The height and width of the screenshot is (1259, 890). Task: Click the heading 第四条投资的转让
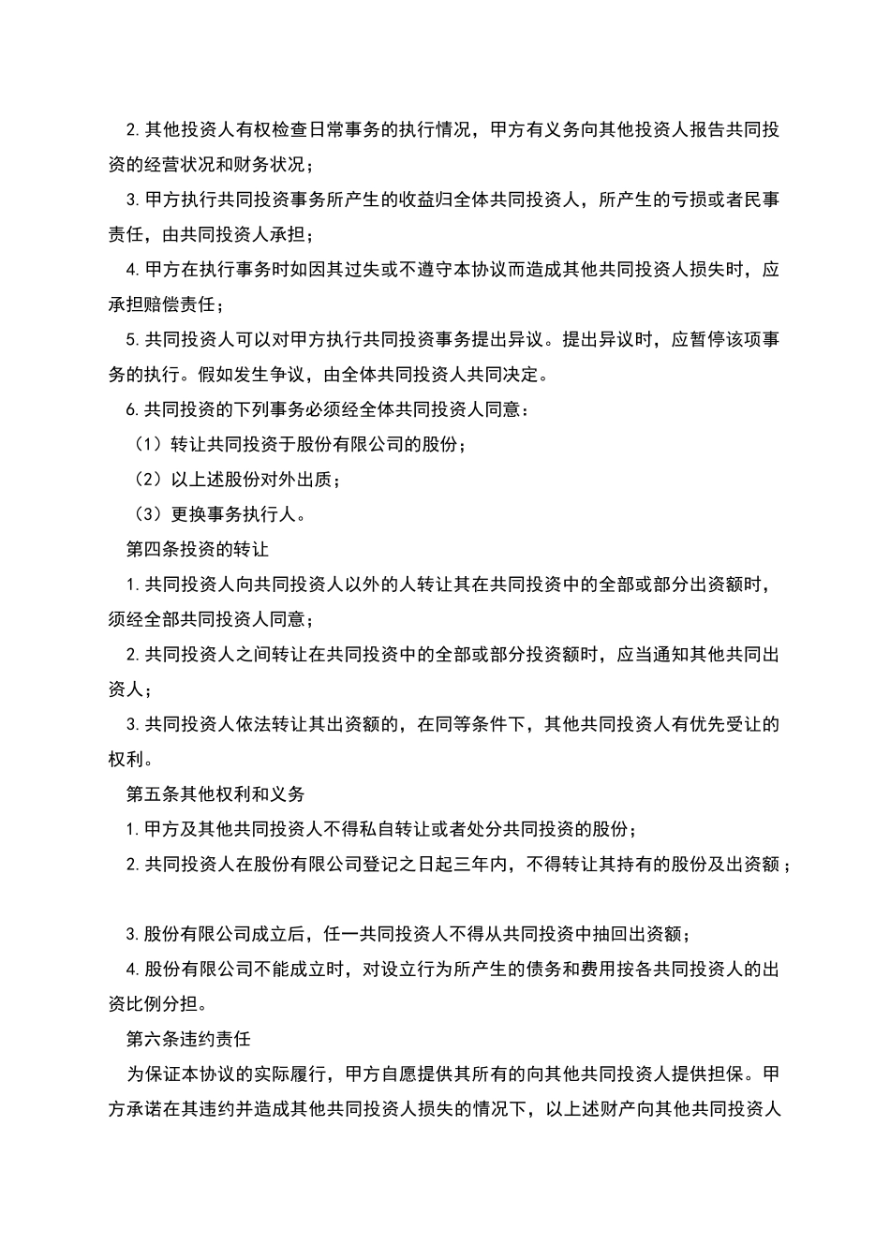[x=198, y=549]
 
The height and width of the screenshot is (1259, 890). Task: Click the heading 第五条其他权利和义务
[x=215, y=794]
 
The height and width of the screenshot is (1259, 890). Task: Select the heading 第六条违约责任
[x=188, y=1040]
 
